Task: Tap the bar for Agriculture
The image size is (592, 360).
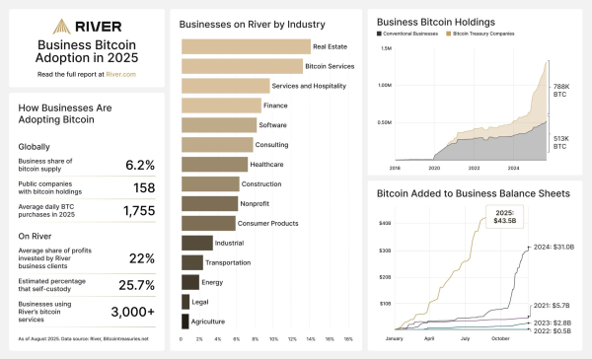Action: pyautogui.click(x=185, y=321)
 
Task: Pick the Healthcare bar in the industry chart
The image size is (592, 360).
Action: pyautogui.click(x=214, y=164)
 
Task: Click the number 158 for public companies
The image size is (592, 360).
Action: pyautogui.click(x=145, y=186)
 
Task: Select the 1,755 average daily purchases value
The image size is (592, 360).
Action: pyautogui.click(x=140, y=210)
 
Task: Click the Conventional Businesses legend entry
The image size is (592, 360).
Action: pyautogui.click(x=409, y=33)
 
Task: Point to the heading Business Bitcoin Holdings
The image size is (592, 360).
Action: pyautogui.click(x=435, y=20)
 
